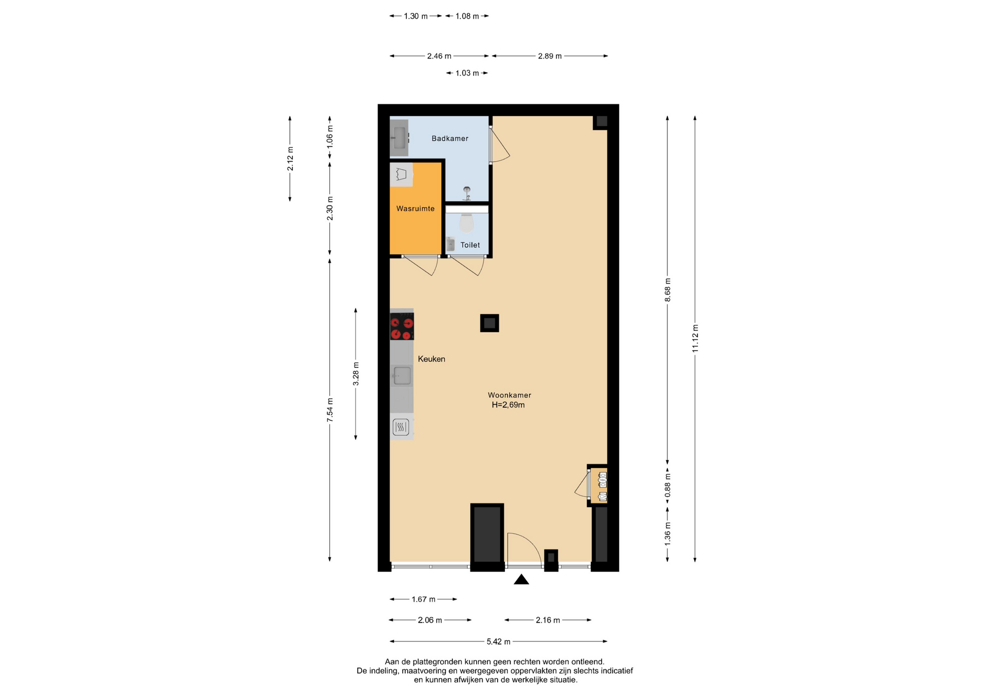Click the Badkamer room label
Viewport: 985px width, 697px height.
click(449, 139)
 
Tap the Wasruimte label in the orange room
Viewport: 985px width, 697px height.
click(415, 209)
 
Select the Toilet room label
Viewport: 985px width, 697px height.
click(470, 245)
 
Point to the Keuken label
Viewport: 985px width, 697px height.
click(431, 359)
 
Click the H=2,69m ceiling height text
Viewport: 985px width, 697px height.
click(508, 405)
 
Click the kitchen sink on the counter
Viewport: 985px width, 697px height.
click(402, 376)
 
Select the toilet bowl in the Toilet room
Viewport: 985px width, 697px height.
click(466, 223)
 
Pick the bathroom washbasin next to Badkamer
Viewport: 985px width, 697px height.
click(399, 138)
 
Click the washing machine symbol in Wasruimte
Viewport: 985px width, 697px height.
click(401, 175)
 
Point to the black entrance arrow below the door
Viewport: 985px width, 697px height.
click(521, 579)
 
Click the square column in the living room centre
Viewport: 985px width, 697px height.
click(489, 323)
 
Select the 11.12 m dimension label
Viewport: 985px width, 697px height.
click(695, 338)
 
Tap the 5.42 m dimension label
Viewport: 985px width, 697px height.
click(498, 642)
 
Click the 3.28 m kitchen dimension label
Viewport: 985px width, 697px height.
click(356, 374)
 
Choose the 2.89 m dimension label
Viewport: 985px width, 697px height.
click(549, 56)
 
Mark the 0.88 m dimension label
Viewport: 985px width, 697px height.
click(667, 487)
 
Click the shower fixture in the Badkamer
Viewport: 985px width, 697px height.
click(466, 193)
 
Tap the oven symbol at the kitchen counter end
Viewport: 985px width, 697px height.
click(401, 427)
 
